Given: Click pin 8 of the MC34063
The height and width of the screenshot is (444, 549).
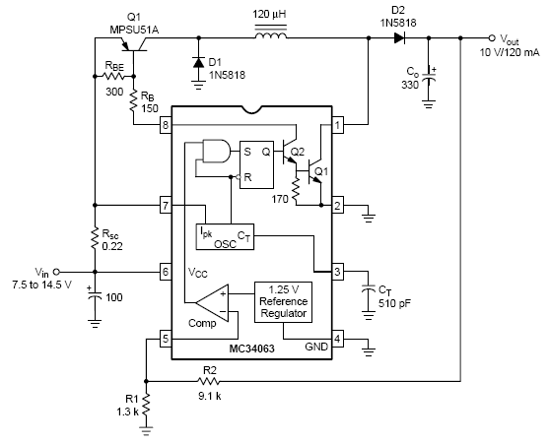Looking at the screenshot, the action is (x=166, y=124).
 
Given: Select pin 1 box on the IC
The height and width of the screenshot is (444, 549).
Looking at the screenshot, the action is (x=337, y=124).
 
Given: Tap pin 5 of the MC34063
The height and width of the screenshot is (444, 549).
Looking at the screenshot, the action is (x=166, y=339).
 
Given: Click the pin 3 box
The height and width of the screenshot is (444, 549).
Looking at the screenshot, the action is (x=337, y=272).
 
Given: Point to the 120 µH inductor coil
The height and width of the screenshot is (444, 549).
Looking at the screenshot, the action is (x=271, y=35).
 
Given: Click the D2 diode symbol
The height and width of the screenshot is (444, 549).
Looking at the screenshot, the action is (x=399, y=37).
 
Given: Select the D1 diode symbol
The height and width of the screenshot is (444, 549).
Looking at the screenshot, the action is (x=199, y=63).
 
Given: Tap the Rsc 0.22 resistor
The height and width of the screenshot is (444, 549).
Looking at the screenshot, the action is (x=95, y=238).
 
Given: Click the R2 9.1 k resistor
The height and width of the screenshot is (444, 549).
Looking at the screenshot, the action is (x=209, y=381).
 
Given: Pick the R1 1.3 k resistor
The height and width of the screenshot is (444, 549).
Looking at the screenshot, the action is (x=146, y=405).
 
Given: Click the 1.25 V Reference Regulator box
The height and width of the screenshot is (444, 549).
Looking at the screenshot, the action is (x=283, y=302).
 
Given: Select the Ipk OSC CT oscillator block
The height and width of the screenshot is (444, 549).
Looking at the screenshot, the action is (x=225, y=236).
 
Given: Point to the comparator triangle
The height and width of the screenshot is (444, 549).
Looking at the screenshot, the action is (x=212, y=302).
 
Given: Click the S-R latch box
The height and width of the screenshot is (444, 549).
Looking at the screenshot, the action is (x=256, y=164).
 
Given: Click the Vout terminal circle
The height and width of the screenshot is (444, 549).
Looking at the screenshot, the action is (x=492, y=37).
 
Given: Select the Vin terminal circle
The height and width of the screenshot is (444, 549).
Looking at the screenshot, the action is (x=56, y=272).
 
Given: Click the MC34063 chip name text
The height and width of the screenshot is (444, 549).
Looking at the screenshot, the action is (x=251, y=349).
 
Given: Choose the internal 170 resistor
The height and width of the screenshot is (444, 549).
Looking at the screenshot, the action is (x=297, y=189).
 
